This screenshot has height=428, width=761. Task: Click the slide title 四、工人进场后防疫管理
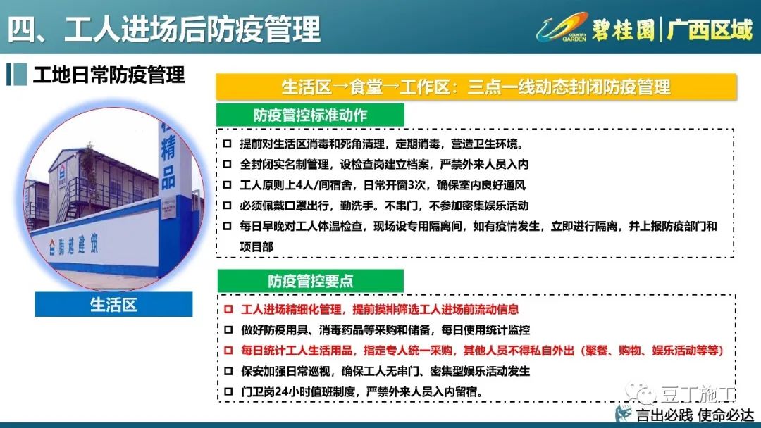click(164, 29)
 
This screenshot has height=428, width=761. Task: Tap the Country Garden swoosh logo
click(562, 27)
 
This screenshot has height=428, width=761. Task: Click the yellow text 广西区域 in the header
click(710, 30)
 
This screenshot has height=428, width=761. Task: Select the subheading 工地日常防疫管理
click(109, 75)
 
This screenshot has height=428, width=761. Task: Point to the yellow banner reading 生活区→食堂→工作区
click(476, 87)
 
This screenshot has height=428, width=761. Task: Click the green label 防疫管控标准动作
click(309, 115)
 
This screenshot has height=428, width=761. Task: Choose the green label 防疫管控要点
click(310, 281)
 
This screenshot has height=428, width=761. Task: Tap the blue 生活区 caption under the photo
click(113, 304)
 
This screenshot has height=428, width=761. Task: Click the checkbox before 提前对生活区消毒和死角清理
click(227, 144)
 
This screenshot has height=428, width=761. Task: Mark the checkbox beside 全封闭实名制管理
click(227, 164)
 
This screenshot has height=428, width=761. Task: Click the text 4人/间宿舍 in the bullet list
click(328, 185)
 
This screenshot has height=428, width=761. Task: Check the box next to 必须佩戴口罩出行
click(227, 206)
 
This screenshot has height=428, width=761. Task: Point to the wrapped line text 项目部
click(256, 246)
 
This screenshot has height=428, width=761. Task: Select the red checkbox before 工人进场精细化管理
click(228, 309)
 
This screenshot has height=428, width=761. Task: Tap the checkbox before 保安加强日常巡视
click(228, 371)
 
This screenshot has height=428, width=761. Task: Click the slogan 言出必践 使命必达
click(695, 415)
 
